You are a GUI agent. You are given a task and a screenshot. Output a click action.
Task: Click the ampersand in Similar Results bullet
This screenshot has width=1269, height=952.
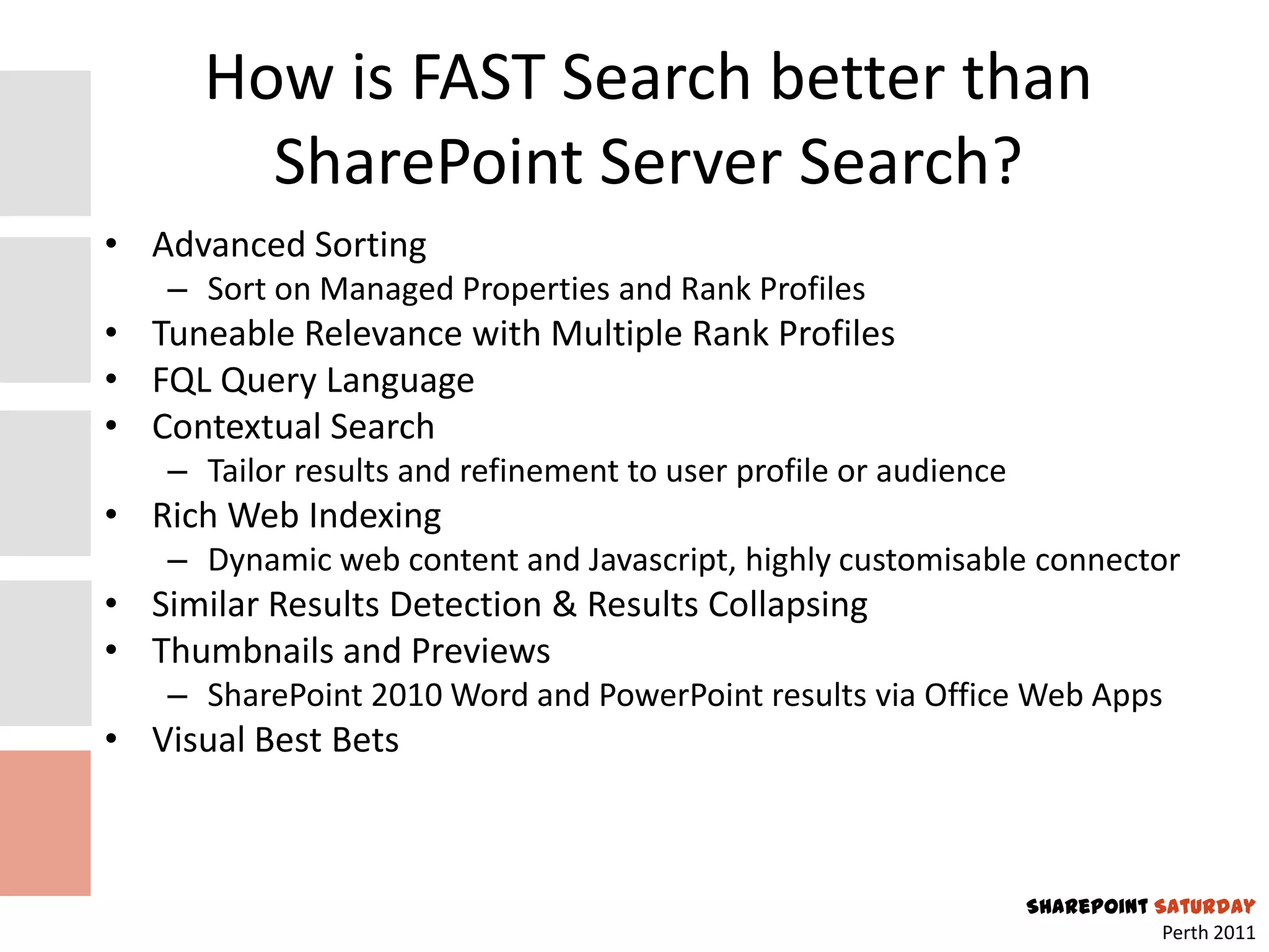[x=564, y=604]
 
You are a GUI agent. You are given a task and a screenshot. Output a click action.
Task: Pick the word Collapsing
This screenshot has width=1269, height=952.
[x=788, y=606]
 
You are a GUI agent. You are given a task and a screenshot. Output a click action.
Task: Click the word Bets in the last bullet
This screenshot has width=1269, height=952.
[x=365, y=740]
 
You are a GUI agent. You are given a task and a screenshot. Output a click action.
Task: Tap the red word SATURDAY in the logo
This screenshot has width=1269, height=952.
[x=1205, y=907]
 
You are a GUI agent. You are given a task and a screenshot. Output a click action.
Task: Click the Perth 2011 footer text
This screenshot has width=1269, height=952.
[x=1208, y=933]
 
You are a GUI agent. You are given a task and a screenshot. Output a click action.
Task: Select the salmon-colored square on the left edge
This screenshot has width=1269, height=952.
[x=45, y=822]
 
